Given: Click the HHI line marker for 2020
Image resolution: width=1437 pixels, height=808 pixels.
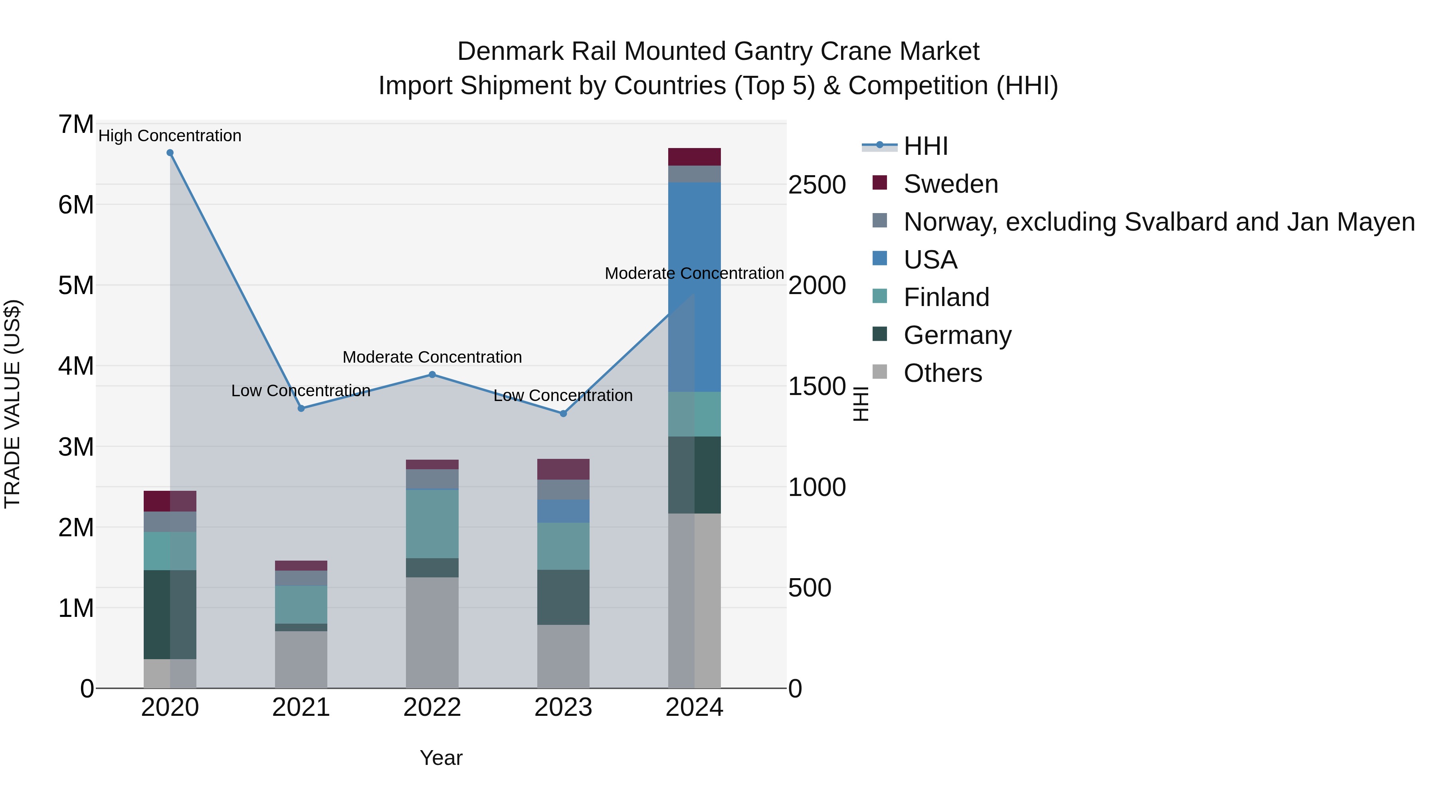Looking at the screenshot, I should pos(170,153).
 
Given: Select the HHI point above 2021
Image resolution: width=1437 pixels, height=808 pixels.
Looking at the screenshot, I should pos(301,408).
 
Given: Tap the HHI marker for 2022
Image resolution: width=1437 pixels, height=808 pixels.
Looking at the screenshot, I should pos(432,375).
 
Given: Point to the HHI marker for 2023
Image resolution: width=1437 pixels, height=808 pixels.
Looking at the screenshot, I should pos(563,414).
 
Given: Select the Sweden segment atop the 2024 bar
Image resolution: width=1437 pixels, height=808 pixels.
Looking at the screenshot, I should pos(695,157).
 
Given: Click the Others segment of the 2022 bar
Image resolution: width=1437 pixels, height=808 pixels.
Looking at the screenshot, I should pos(432,632).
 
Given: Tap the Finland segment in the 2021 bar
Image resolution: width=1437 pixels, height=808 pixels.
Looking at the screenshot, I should pos(301,605).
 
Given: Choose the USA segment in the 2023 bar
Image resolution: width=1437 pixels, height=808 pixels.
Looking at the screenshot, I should pos(563,511).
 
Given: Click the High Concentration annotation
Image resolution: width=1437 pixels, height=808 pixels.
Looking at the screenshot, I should pos(170,136).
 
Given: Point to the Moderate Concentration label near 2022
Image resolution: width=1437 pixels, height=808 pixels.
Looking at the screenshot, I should pos(432,357).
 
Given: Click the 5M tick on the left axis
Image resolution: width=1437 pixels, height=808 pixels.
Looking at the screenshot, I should pos(76,286).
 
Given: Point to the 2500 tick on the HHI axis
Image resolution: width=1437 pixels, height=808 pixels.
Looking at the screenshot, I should pos(817,185).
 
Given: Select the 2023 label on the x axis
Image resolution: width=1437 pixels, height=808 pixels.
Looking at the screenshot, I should pos(563,707).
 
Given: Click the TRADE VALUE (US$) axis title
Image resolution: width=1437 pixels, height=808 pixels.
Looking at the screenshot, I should pos(13,404).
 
